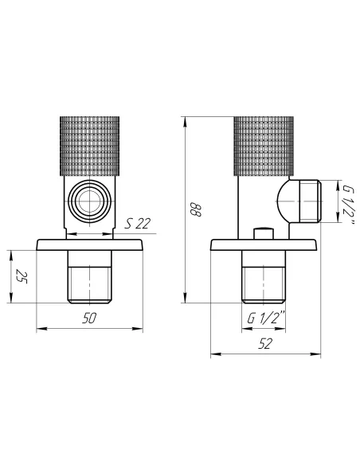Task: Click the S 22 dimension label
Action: [137, 223]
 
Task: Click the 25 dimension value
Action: [22, 276]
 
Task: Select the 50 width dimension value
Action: [89, 318]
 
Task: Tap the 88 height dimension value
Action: [195, 209]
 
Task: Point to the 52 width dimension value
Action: [264, 344]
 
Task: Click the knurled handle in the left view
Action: [89, 146]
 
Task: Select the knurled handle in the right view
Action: [264, 146]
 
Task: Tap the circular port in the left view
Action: [90, 201]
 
